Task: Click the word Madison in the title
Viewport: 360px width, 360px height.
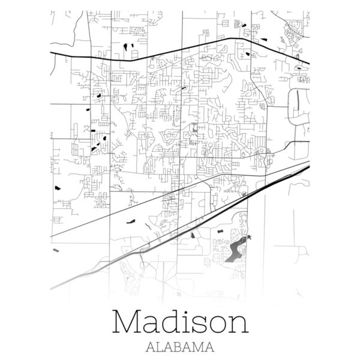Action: click(x=180, y=322)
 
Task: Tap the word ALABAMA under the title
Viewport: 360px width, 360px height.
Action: click(x=180, y=347)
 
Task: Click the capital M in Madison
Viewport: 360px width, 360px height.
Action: click(x=128, y=322)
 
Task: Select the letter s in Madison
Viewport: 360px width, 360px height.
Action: click(x=197, y=325)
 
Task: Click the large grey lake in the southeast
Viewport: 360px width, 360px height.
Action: click(x=235, y=251)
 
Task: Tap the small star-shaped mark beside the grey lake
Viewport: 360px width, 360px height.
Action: click(x=250, y=239)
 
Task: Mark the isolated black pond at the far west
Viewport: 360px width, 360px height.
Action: click(x=58, y=187)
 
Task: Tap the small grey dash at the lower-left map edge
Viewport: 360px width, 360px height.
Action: click(x=55, y=250)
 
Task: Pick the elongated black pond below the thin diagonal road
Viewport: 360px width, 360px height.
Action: click(x=131, y=220)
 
